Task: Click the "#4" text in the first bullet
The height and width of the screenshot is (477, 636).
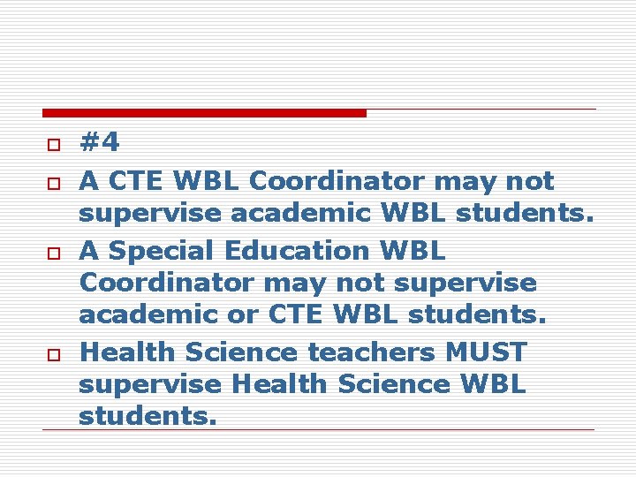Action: (x=99, y=142)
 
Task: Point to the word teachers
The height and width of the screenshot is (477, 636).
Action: (x=370, y=352)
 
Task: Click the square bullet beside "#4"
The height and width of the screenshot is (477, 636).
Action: (x=53, y=144)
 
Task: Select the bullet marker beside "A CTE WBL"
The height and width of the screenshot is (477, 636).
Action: (x=53, y=183)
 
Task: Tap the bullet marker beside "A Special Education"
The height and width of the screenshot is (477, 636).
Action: (x=53, y=253)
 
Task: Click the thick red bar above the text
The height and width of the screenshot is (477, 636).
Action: (x=204, y=113)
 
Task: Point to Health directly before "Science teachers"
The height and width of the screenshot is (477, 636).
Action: (x=122, y=352)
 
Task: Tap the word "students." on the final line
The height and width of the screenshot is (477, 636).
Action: (x=147, y=416)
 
